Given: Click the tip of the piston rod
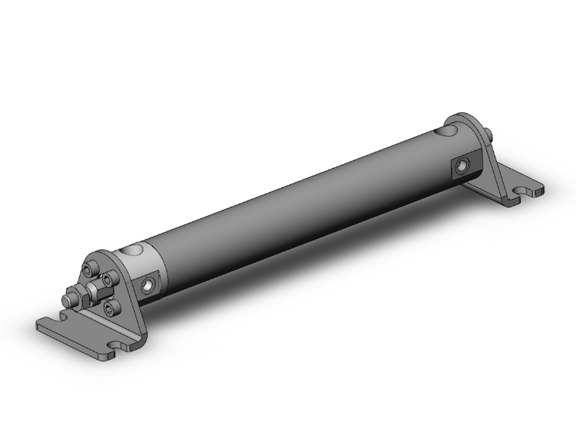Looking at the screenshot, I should (65, 297).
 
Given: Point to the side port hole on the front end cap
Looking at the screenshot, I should (148, 287).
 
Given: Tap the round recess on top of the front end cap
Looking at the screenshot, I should (135, 250).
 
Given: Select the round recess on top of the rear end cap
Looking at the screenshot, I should (447, 132).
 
